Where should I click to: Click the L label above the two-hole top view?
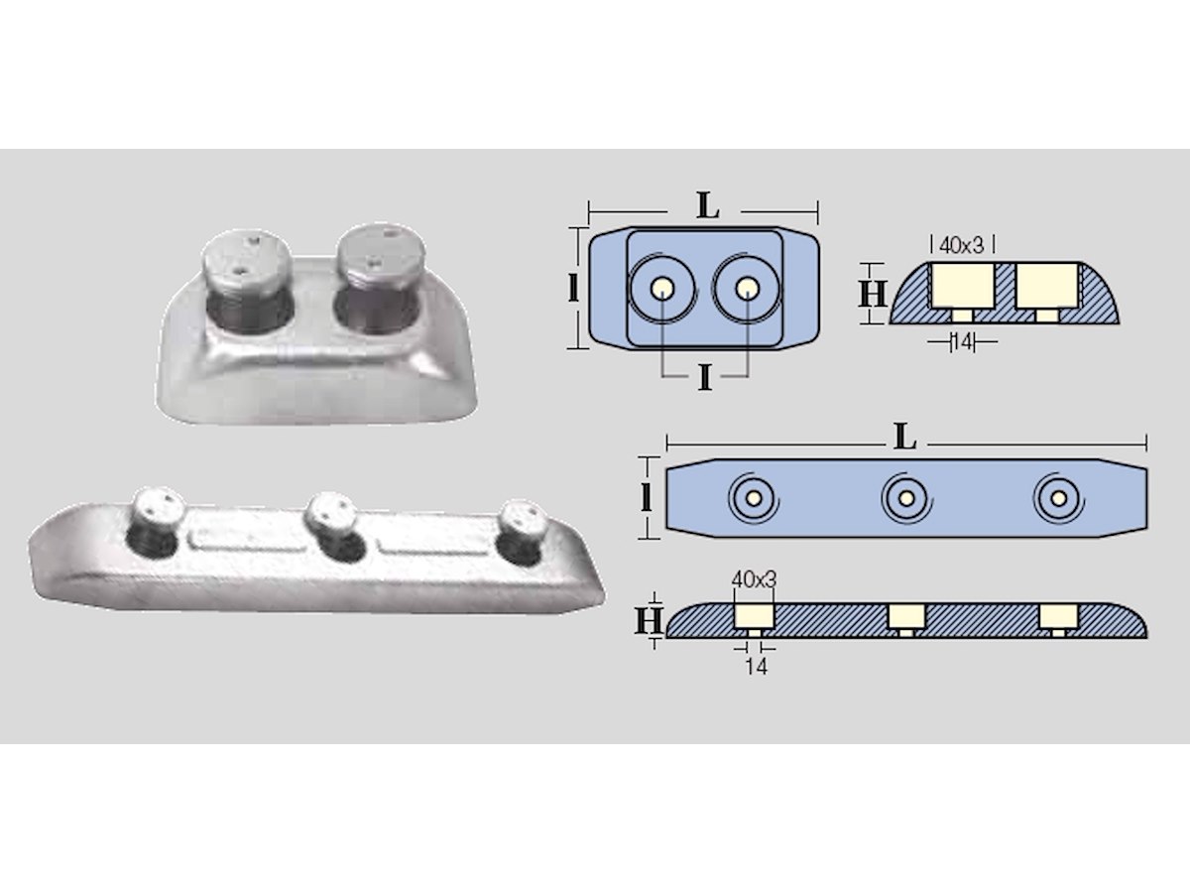[708, 206]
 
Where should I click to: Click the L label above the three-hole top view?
[905, 437]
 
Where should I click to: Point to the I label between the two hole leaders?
[704, 378]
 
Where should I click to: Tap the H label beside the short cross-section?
[873, 294]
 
